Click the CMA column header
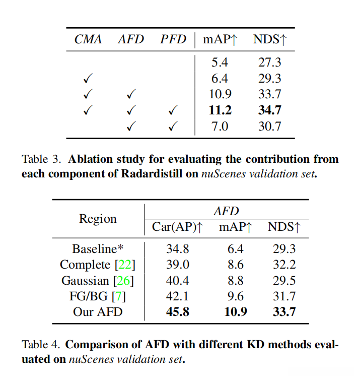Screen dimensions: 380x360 click(89, 40)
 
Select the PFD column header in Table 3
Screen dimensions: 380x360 click(173, 40)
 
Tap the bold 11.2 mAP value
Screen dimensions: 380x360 click(221, 110)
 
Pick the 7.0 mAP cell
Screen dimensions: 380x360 click(221, 126)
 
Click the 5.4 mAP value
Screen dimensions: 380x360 click(221, 62)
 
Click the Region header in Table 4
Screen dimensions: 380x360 click(98, 219)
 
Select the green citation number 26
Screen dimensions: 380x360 click(123, 280)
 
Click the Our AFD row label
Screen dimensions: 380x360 click(98, 311)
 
